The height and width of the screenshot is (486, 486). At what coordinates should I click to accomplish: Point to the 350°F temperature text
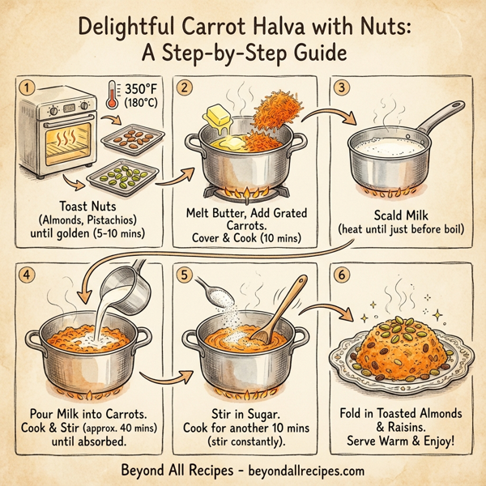coord(142,88)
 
